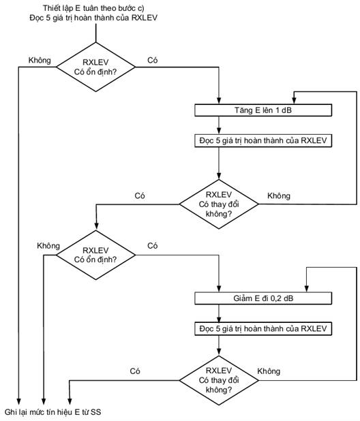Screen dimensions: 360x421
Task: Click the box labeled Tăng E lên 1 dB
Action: tap(263, 110)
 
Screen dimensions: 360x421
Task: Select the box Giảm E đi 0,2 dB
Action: tap(263, 298)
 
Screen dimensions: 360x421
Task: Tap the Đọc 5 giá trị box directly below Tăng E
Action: tap(263, 141)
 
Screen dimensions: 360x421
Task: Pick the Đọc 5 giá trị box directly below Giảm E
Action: tap(263, 329)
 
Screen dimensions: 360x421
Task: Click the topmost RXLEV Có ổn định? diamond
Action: tap(95, 67)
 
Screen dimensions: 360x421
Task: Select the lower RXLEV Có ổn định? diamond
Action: tap(95, 255)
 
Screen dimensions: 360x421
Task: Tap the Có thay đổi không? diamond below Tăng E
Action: tap(219, 204)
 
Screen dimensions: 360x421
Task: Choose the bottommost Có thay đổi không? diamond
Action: tap(219, 380)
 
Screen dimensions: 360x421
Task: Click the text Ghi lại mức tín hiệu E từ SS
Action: tap(53, 412)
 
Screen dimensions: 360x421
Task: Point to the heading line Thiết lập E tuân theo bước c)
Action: tap(93, 8)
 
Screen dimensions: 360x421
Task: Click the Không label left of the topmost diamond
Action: tap(40, 60)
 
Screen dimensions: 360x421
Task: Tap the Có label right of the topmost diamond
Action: tap(152, 60)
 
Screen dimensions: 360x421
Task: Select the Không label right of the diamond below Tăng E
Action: tap(279, 196)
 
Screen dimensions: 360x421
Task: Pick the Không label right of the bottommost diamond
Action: tap(269, 371)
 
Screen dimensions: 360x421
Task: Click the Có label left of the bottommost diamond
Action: tap(135, 371)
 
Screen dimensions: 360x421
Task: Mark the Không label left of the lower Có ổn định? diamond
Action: tap(48, 246)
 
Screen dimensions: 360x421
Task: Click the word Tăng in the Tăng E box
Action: tap(243, 110)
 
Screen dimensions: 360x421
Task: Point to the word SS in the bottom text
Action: tap(95, 412)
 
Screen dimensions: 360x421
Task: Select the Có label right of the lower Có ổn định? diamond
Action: tap(152, 246)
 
